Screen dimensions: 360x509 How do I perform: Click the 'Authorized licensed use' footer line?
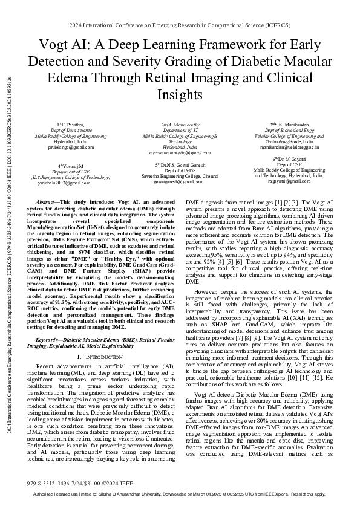[x=180, y=494]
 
